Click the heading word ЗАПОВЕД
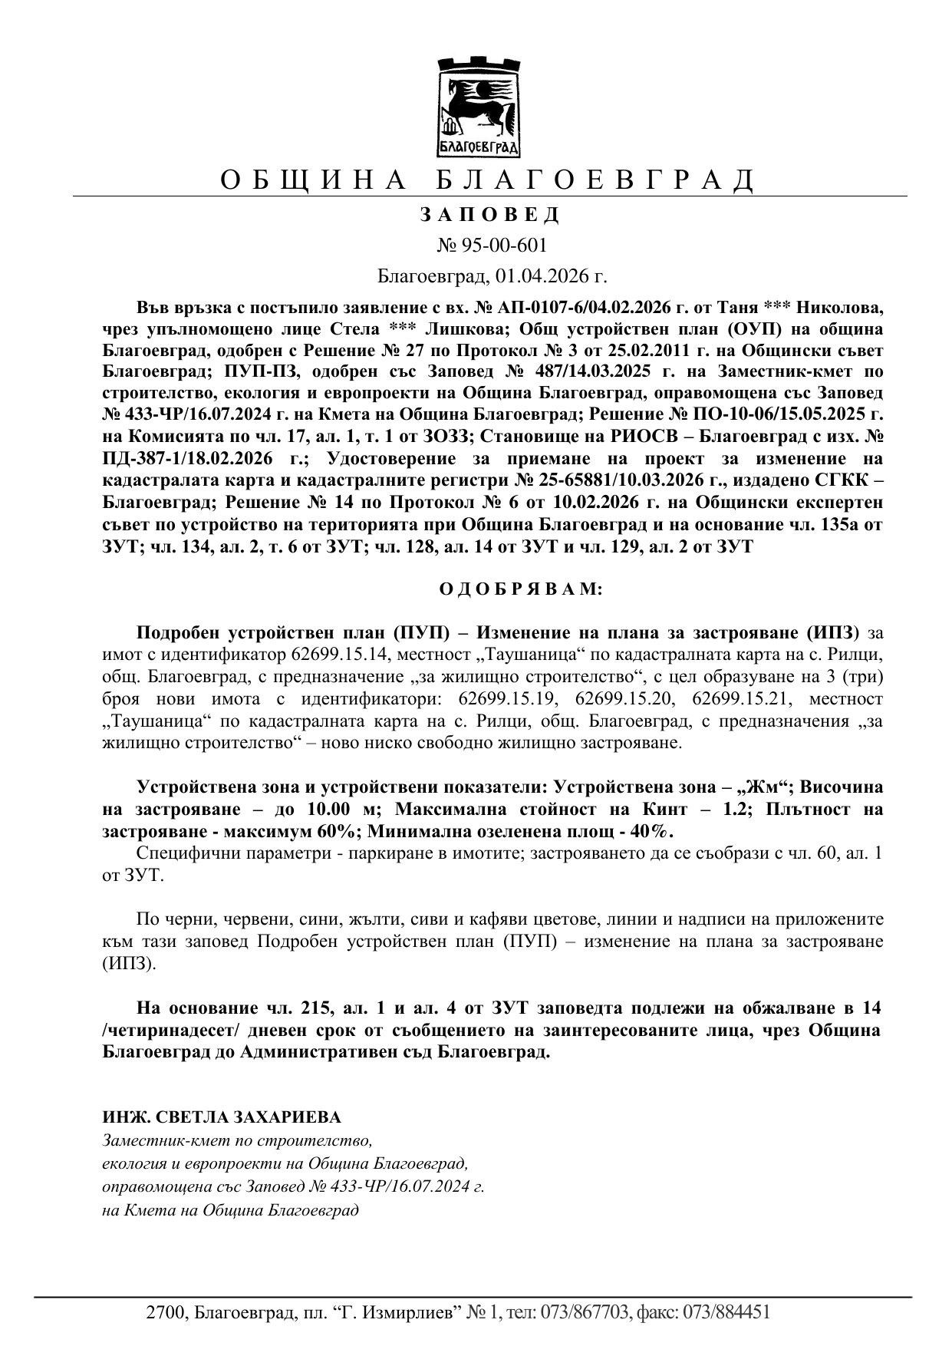coord(489,215)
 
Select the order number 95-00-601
coord(503,246)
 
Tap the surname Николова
coord(840,308)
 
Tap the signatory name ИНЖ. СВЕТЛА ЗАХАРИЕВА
coord(222,1117)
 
